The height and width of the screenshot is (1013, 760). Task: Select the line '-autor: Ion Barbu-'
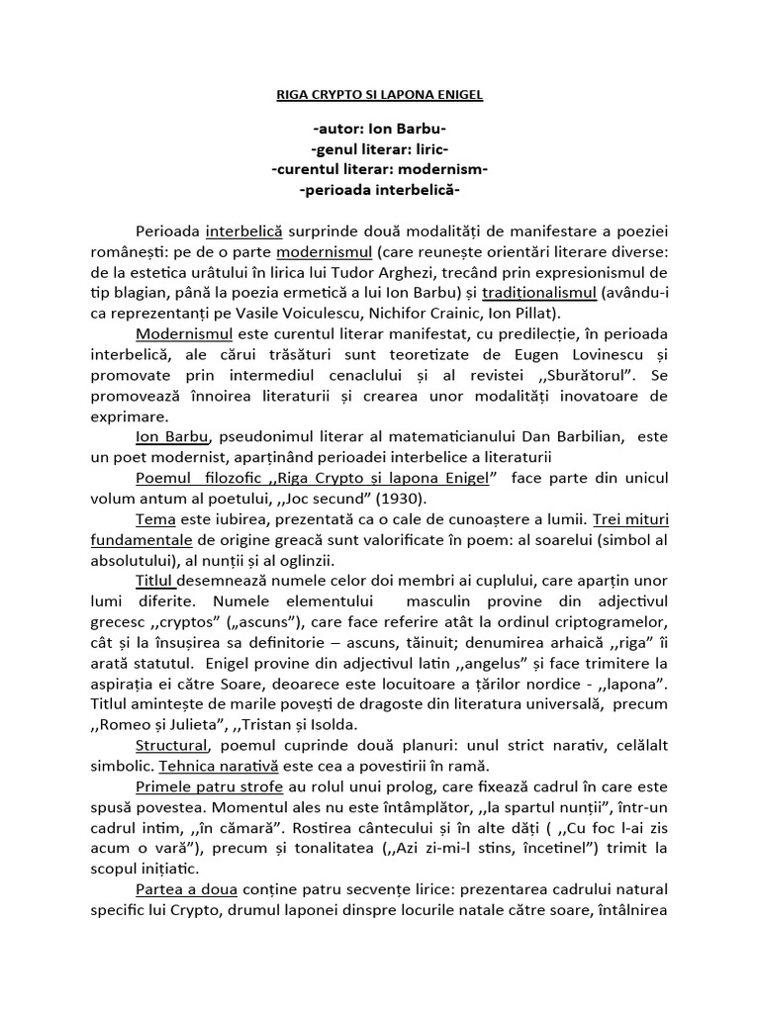tap(380, 131)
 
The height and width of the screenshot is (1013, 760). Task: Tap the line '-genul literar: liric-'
tap(380, 149)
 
